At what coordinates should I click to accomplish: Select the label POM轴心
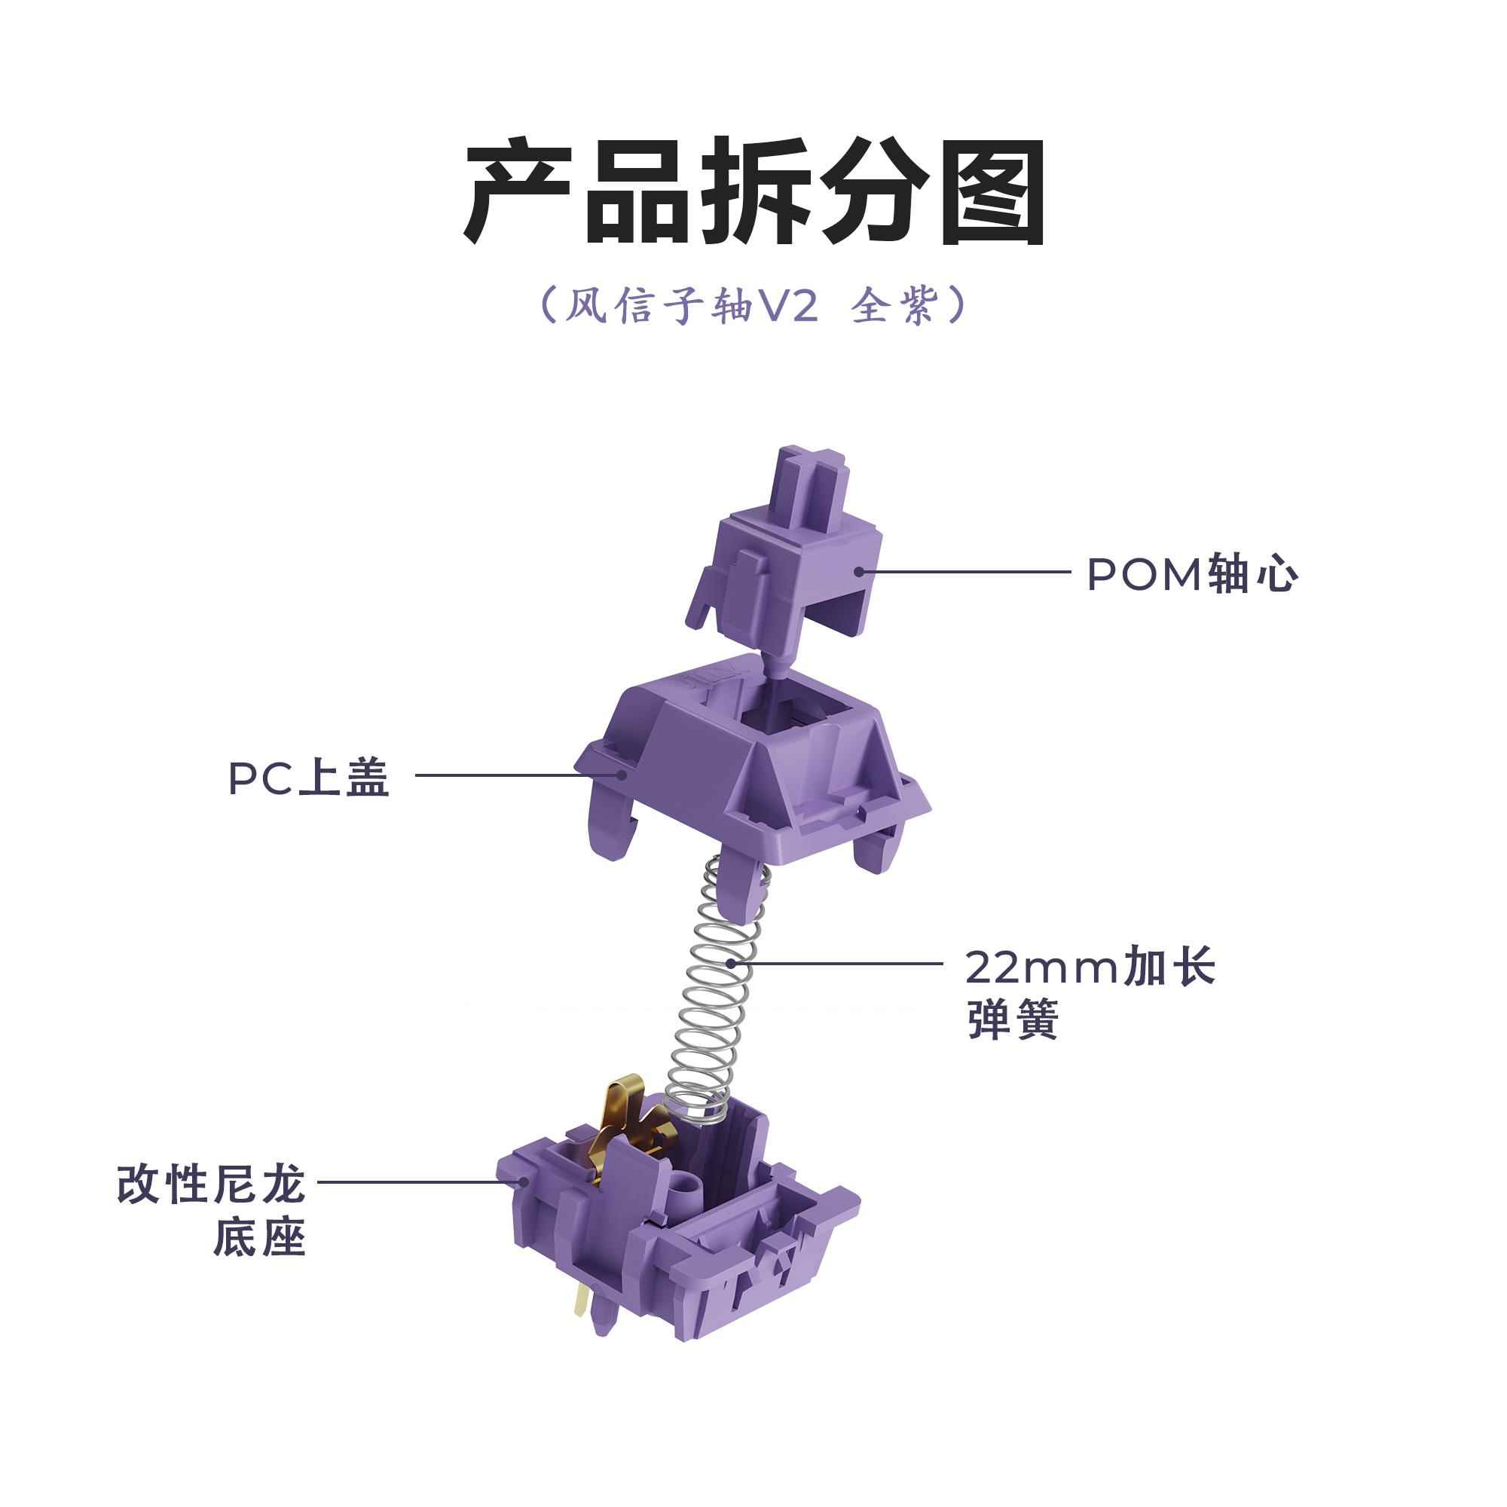click(x=1192, y=575)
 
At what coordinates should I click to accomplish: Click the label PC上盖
click(x=309, y=778)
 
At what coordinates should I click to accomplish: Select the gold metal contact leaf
click(x=624, y=1123)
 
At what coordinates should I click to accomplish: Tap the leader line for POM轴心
click(x=967, y=571)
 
